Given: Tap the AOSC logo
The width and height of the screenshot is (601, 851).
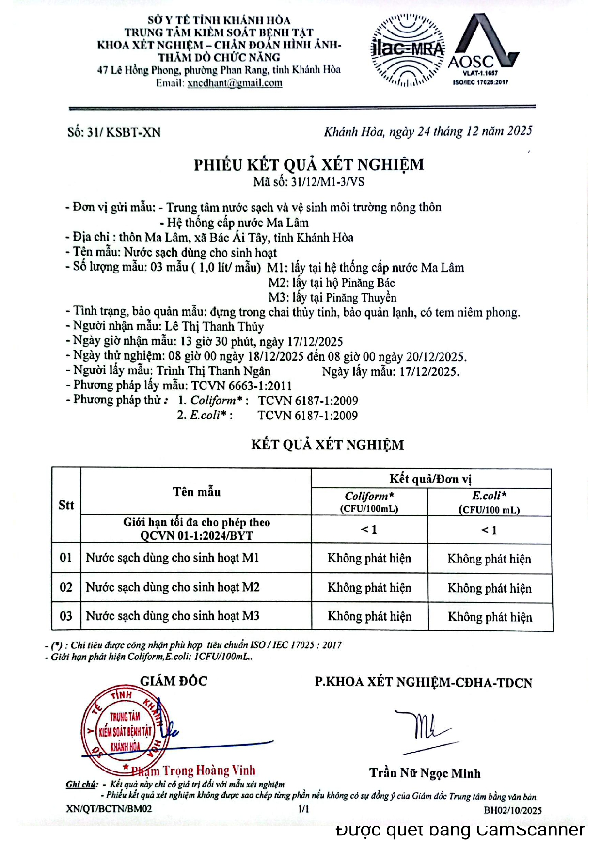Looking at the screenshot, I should coord(483,48).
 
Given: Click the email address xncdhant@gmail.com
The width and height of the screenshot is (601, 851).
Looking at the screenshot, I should coord(235,83).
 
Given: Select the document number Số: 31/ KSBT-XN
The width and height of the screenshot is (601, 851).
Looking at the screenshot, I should coord(114,132).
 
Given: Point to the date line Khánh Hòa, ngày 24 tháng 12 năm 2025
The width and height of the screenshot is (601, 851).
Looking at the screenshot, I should coord(428,131).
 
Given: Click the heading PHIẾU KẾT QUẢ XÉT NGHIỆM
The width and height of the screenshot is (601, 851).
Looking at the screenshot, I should coord(309,165).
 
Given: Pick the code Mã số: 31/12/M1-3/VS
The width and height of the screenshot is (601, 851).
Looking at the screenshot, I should coord(309,182).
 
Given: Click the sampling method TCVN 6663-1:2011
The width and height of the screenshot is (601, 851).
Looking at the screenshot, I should coord(241,386).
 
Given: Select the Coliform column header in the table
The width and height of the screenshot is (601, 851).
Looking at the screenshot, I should coord(369,501).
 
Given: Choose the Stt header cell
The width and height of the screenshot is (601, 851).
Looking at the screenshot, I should coord(66,505).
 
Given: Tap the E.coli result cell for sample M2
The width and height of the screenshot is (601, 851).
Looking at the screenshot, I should coord(490,588).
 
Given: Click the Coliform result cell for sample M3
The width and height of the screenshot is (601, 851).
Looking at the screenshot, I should coord(369,616).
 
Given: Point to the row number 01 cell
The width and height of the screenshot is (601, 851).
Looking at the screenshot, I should coord(66,558).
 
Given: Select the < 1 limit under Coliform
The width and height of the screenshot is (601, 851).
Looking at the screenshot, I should coord(369,530).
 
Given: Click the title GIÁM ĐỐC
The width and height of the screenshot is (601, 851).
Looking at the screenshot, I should coord(174,681).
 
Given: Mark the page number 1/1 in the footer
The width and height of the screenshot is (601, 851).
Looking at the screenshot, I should coord(304,809).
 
